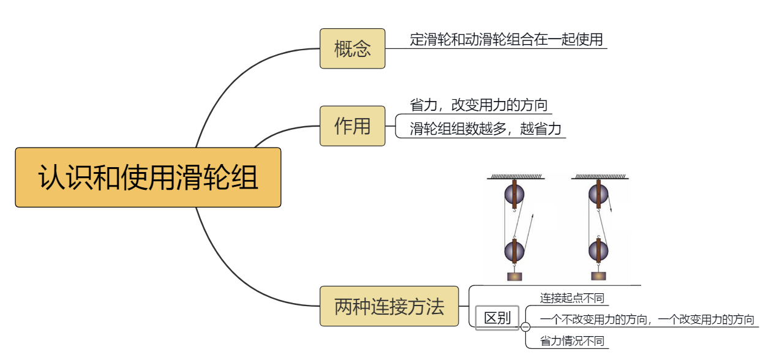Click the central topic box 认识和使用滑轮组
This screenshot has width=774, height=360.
(x=148, y=178)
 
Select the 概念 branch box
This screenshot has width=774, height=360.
(x=352, y=48)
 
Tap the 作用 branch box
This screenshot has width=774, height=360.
(x=352, y=126)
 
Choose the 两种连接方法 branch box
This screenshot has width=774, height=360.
(x=389, y=306)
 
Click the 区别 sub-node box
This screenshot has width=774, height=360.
(x=497, y=318)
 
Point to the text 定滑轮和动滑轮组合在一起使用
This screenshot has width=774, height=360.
(x=506, y=40)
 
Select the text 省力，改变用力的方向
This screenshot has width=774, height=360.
(x=478, y=105)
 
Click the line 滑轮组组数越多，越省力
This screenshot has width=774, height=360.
(x=485, y=129)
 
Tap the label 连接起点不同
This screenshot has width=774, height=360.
(x=572, y=298)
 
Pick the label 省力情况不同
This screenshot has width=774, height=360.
(x=572, y=341)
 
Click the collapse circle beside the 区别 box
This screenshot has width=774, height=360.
(x=525, y=327)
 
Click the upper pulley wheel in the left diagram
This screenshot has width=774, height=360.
(x=514, y=195)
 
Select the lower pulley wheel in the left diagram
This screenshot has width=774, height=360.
(x=514, y=250)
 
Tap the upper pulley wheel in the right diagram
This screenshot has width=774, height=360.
(x=598, y=195)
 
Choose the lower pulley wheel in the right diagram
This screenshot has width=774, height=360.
(x=598, y=250)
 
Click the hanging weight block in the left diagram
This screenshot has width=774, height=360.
(x=514, y=276)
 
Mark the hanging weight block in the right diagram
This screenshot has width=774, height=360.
(x=598, y=276)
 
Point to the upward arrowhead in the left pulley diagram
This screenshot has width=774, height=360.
(x=532, y=217)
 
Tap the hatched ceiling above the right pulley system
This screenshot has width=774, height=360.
(x=598, y=176)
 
